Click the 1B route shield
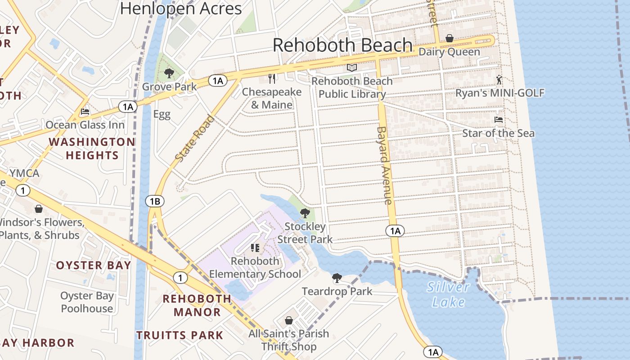pos(154,201)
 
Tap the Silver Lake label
pos(448,294)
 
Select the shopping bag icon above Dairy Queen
pos(449,39)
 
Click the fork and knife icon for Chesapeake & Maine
pos(272,79)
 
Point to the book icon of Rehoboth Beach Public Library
pos(352,68)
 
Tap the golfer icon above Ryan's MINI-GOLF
pos(499,80)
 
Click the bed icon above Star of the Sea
pos(499,120)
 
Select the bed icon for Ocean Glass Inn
pos(85,112)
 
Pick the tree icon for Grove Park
pos(169,73)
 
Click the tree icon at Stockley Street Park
pos(305,213)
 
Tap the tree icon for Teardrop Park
pos(337,278)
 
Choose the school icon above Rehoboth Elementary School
pos(255,248)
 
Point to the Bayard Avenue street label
pos(384,165)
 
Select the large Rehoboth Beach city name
pos(342,45)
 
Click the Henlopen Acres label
pos(181,8)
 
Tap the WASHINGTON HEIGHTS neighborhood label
pos(92,148)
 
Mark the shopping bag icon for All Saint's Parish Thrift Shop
pos(289,320)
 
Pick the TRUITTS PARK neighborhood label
pos(180,335)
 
